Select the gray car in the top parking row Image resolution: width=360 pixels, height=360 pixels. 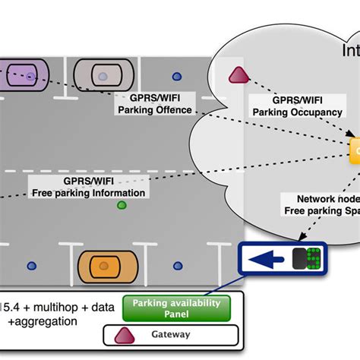click(103, 76)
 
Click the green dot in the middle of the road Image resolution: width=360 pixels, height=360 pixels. click(121, 206)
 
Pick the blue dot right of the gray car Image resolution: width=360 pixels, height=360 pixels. click(177, 76)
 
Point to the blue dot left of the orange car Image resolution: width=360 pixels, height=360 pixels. click(31, 266)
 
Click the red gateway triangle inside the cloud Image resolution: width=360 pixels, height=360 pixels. click(238, 75)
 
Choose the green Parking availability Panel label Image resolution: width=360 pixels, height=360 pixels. click(176, 308)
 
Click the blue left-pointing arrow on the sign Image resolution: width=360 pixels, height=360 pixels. click(266, 259)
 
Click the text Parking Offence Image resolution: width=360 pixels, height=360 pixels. click(156, 109)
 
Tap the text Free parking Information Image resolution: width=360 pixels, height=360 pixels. click(88, 193)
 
